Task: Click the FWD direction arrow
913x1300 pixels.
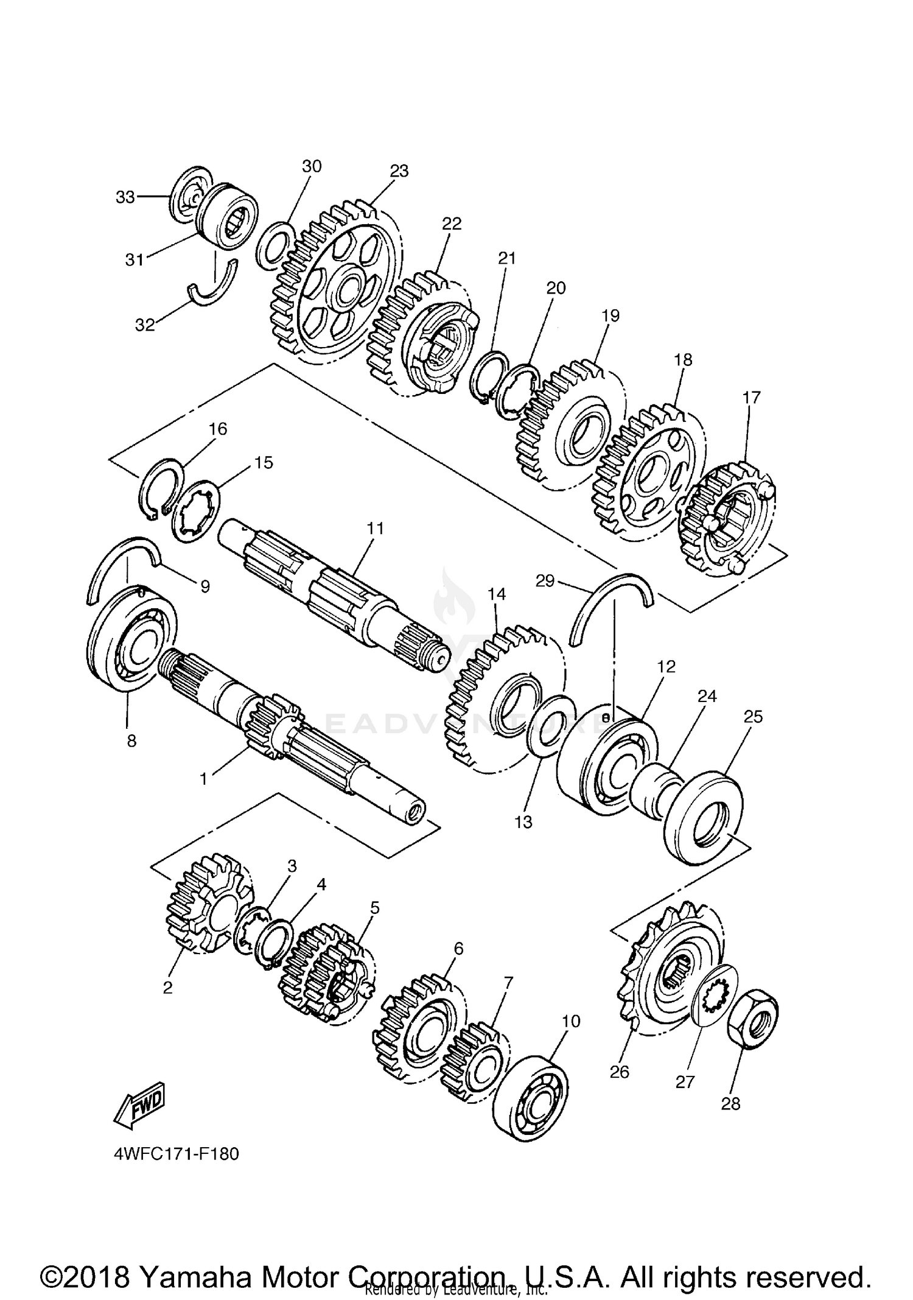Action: (x=139, y=1101)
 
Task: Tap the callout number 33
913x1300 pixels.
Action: (x=125, y=197)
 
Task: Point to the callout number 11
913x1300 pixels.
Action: (x=376, y=528)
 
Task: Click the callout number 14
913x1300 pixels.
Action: (x=497, y=594)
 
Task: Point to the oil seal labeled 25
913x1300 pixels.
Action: (x=704, y=816)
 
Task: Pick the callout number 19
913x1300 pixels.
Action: (x=610, y=315)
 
